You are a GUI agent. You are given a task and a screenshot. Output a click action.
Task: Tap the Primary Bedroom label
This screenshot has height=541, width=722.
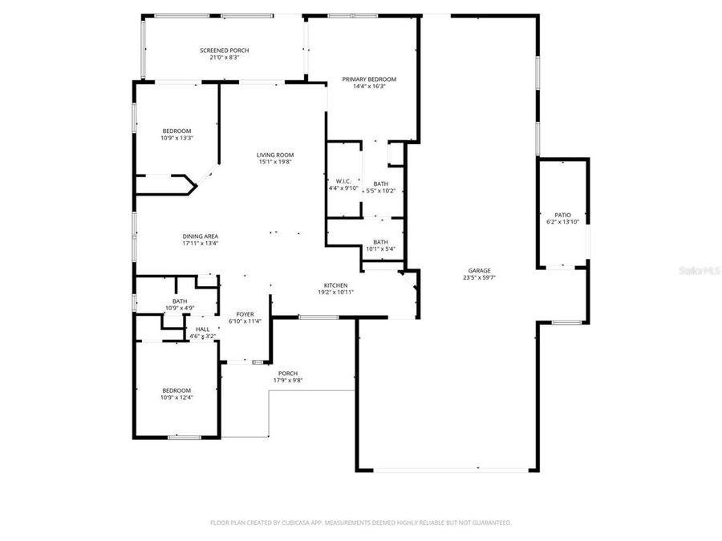pos(369,79)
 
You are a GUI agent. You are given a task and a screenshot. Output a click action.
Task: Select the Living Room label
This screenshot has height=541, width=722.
pos(275,155)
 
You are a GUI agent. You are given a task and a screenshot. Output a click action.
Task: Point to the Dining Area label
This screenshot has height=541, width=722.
pos(201,236)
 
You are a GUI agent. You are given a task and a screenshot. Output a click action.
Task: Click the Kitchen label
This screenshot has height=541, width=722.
pos(335,285)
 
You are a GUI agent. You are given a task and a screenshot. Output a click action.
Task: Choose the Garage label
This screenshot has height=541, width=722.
pos(476,271)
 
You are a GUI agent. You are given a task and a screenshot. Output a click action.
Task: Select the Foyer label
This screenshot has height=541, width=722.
pos(245,314)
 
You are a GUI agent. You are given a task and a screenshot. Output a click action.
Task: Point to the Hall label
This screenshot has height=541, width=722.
pos(202,329)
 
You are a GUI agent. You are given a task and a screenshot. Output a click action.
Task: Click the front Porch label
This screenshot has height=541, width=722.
pos(288,373)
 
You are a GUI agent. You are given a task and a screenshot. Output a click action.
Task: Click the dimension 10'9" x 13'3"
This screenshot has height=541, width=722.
pos(176,138)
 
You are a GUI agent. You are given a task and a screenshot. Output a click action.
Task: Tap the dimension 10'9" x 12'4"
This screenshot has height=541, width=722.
pos(176,397)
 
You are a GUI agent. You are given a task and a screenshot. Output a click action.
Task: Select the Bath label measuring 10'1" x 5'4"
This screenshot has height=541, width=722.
pos(380,242)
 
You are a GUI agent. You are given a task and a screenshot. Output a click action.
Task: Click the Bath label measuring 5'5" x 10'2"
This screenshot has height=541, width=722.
pos(380,184)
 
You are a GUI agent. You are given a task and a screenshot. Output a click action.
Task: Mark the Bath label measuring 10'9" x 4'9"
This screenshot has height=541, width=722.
pos(180,301)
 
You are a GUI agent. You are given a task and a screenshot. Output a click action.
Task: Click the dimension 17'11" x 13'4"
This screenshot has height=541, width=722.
pos(201,244)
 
